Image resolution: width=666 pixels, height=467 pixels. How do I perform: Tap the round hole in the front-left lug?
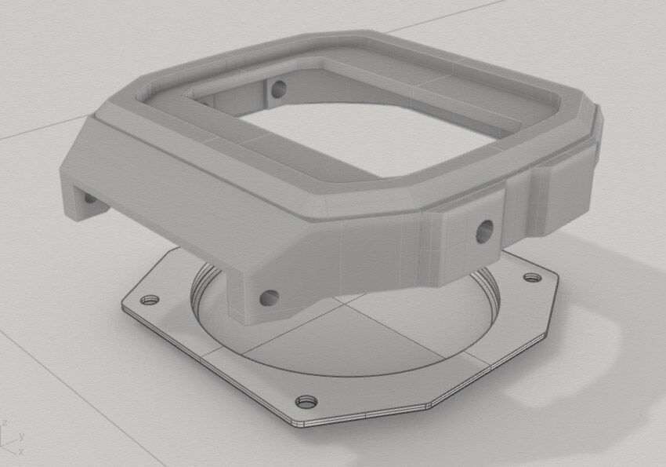pyautogui.click(x=269, y=297)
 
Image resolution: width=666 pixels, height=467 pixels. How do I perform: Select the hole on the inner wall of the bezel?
pyautogui.click(x=277, y=89)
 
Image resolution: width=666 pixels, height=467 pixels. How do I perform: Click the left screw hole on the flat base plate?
pyautogui.click(x=148, y=301)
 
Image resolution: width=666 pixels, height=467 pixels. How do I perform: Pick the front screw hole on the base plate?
pyautogui.click(x=304, y=403)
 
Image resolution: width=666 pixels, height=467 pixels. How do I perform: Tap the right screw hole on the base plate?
pyautogui.click(x=532, y=278)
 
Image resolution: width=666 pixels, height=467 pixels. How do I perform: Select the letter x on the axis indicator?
pyautogui.click(x=20, y=452)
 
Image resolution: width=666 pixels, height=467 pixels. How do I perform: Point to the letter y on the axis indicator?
pyautogui.click(x=21, y=435)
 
